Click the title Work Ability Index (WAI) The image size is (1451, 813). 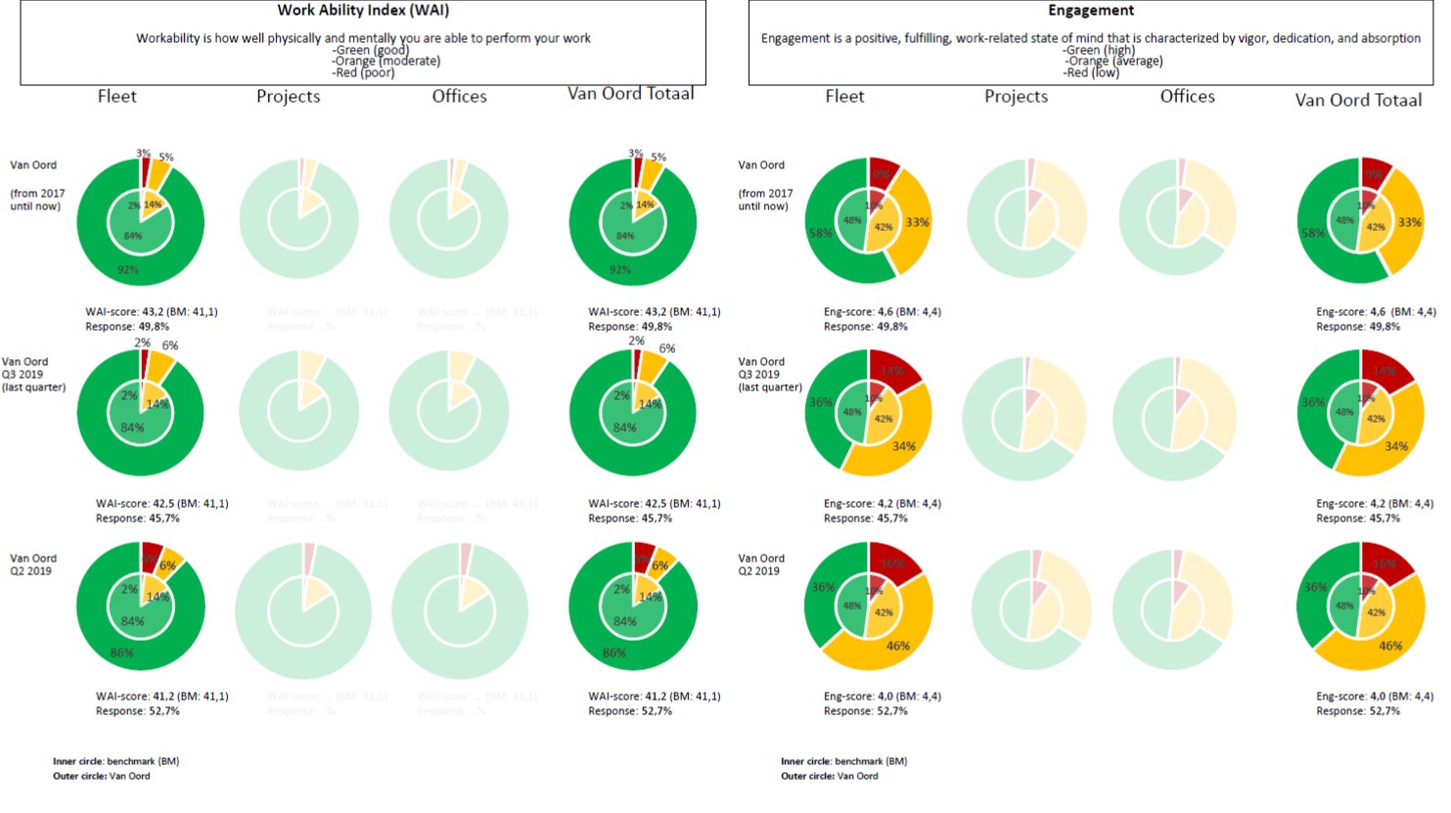363,11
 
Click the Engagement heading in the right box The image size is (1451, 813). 1091,11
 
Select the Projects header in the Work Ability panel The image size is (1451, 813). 288,96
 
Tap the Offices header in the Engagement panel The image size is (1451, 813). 1187,96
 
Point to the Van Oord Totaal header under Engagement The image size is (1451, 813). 1358,100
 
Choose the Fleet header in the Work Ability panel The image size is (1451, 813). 116,96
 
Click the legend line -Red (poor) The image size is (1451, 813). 363,73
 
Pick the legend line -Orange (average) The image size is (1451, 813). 1113,61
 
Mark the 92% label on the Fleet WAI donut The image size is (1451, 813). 127,270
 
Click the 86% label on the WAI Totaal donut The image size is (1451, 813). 614,653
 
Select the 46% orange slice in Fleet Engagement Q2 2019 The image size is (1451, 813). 897,646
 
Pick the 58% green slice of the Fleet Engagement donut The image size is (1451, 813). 820,234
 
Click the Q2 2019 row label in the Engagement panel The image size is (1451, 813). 760,565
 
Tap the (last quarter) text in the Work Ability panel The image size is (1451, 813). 34,387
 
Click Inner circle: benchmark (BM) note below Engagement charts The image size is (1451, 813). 843,761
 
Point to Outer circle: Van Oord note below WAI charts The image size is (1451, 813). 102,776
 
